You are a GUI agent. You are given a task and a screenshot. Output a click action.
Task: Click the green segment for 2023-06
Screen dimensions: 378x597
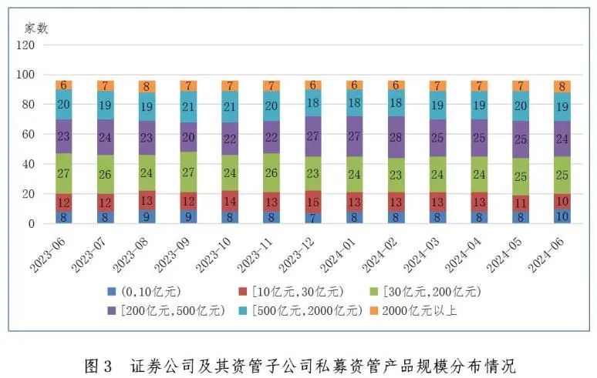pyautogui.click(x=63, y=173)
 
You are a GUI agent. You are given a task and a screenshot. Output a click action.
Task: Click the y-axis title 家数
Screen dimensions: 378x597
pyautogui.click(x=36, y=28)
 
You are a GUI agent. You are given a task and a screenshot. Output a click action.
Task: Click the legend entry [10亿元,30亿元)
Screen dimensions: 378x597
pyautogui.click(x=292, y=292)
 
